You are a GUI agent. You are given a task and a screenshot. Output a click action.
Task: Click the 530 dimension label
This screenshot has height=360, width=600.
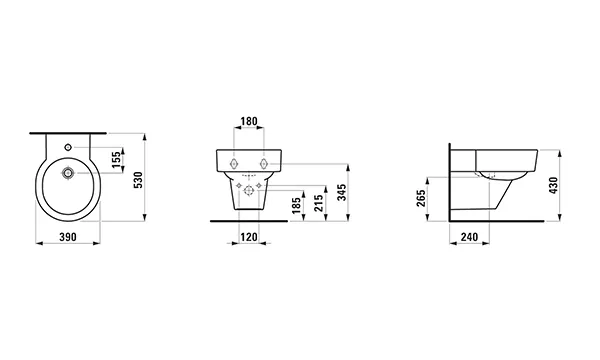pyautogui.click(x=139, y=179)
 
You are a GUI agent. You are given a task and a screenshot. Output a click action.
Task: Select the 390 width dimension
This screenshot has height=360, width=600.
pyautogui.click(x=68, y=237)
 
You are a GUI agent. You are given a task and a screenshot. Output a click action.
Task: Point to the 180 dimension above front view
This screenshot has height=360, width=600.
pyautogui.click(x=249, y=122)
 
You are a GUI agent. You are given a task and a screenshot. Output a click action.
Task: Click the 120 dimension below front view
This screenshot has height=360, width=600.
pyautogui.click(x=249, y=237)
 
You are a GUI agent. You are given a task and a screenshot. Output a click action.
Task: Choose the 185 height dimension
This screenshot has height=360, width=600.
pyautogui.click(x=297, y=205)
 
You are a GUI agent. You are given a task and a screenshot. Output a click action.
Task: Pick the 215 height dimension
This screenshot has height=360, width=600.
pyautogui.click(x=319, y=203)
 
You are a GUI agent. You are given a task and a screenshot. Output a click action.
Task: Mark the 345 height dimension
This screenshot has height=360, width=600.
pyautogui.click(x=342, y=192)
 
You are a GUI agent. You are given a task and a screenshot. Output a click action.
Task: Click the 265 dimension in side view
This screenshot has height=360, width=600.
pyautogui.click(x=421, y=198)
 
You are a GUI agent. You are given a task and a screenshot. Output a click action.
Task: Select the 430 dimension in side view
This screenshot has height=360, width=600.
pyautogui.click(x=554, y=185)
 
